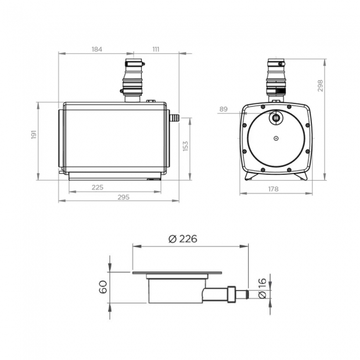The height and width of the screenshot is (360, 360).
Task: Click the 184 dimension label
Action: point(97,49)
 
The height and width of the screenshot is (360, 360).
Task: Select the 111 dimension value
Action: point(156,49)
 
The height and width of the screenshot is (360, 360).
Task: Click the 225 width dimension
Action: point(97,187)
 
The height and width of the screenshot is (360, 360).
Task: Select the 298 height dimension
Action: point(320,85)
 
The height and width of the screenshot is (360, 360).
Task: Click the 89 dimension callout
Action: point(223,110)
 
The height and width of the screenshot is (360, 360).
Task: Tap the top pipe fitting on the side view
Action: point(133,80)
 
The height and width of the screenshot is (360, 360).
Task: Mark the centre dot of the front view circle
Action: point(275,138)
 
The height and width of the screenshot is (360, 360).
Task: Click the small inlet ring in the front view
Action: point(275,117)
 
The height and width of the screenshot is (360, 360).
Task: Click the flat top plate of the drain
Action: point(177,273)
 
